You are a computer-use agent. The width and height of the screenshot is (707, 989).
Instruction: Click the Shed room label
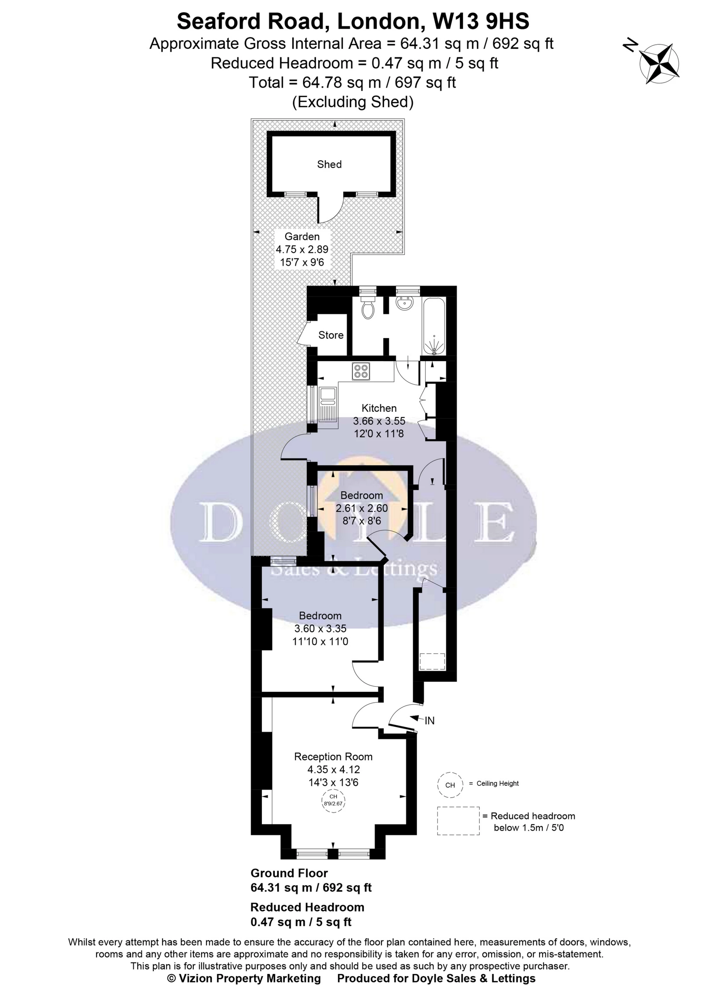329,164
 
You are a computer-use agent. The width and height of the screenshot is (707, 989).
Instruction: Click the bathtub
434,326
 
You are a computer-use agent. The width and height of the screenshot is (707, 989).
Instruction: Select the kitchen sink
327,404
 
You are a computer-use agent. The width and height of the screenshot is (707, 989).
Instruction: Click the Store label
331,335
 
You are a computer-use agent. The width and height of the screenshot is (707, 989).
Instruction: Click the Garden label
302,236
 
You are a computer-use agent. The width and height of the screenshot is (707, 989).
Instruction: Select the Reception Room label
333,756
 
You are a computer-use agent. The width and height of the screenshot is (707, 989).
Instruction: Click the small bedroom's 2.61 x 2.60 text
361,508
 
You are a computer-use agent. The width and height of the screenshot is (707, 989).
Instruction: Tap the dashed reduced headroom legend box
458,821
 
